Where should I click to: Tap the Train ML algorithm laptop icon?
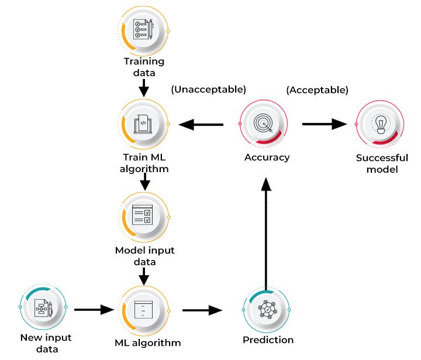(x=144, y=124)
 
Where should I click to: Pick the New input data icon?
(x=44, y=307)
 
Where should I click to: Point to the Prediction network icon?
(x=267, y=308)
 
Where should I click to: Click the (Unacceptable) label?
(x=208, y=90)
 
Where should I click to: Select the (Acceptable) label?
(x=317, y=90)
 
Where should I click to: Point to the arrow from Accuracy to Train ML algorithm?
(x=201, y=124)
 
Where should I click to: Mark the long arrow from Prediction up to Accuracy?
(x=267, y=234)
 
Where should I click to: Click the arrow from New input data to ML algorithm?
(x=94, y=308)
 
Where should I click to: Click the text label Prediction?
(x=268, y=340)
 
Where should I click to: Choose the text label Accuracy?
(x=267, y=157)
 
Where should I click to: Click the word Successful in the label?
(x=377, y=158)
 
